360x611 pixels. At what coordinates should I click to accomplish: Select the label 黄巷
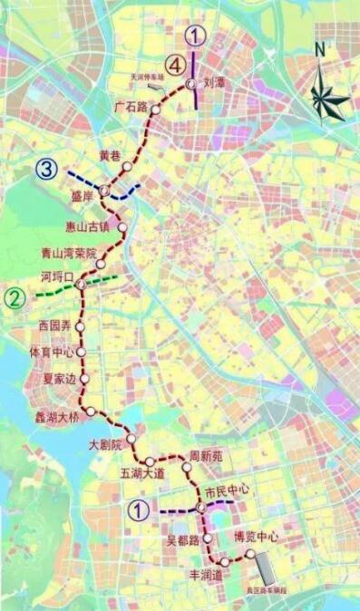click(x=110, y=156)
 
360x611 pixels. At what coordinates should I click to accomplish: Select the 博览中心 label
click(x=257, y=537)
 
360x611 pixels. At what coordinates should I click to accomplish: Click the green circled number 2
click(x=15, y=296)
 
